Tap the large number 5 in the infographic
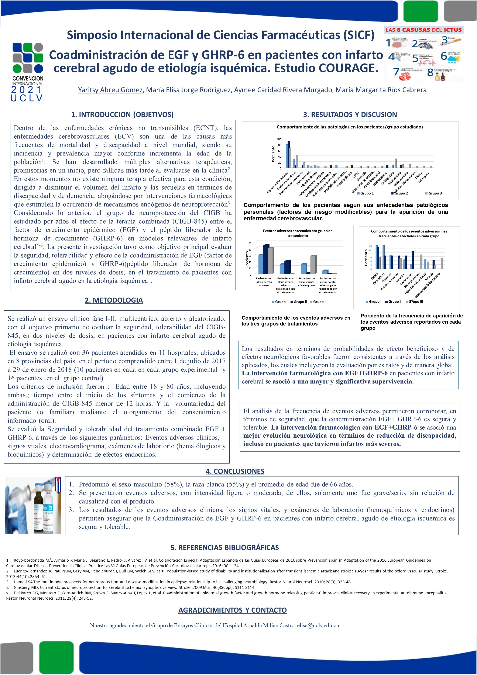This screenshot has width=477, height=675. [x=415, y=58]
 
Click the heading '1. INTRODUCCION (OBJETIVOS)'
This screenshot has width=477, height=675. [x=122, y=114]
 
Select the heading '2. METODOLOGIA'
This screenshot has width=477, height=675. [x=114, y=300]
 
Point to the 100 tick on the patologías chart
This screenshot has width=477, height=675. [x=278, y=139]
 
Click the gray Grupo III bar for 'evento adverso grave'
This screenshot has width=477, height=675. [x=313, y=265]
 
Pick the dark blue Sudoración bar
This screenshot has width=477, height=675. [x=413, y=260]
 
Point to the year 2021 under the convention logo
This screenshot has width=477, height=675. [x=27, y=90]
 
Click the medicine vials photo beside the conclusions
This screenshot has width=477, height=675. [x=33, y=505]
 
